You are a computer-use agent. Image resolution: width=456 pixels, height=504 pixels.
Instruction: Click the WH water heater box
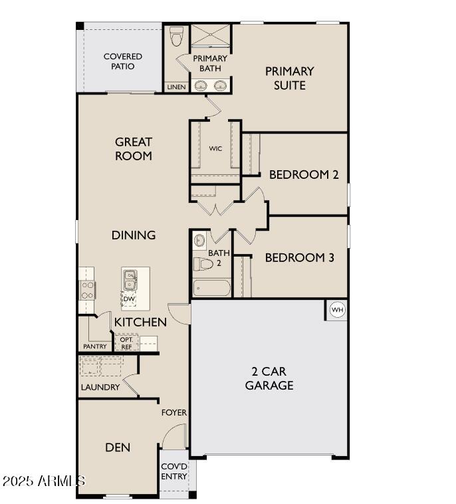click(337, 310)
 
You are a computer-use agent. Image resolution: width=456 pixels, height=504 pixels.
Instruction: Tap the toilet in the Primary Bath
click(176, 37)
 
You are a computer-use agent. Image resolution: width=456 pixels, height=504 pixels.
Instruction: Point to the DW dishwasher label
click(129, 299)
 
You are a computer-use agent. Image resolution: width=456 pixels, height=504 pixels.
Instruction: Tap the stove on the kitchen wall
click(86, 290)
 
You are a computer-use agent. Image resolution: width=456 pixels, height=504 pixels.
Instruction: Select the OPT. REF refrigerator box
click(126, 342)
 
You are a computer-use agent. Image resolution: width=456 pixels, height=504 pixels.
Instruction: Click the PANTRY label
click(95, 346)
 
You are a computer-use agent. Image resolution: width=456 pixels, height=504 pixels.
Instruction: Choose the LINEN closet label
click(176, 87)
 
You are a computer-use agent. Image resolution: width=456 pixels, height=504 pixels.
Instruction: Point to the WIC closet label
click(215, 148)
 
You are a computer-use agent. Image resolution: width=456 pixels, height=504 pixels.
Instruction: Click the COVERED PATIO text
click(122, 61)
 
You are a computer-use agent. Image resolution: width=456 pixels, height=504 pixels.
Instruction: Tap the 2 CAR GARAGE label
click(269, 378)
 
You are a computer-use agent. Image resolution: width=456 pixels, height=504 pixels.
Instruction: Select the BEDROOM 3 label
click(299, 257)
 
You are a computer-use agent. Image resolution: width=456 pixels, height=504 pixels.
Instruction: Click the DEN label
click(117, 447)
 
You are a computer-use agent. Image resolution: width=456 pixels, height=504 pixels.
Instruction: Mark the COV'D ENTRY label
click(174, 471)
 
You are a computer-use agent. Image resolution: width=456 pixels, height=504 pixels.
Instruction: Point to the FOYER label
click(174, 412)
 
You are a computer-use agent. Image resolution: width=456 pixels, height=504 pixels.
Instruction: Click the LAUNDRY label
click(100, 387)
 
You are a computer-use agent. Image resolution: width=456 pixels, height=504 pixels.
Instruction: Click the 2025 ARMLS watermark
click(43, 480)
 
